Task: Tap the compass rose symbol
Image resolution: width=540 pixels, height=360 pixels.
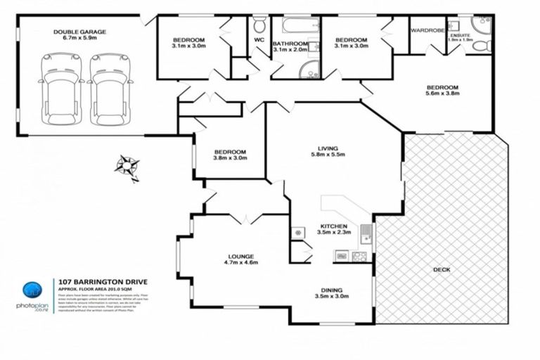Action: point(127,166)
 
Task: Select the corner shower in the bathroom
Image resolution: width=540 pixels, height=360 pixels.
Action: point(307,68)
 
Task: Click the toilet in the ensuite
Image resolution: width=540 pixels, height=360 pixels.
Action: point(481,46)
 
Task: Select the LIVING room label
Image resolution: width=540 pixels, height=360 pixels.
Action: point(328,148)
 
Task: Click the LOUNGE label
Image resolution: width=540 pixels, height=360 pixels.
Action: point(240,257)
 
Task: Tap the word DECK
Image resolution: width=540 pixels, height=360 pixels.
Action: point(442,269)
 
